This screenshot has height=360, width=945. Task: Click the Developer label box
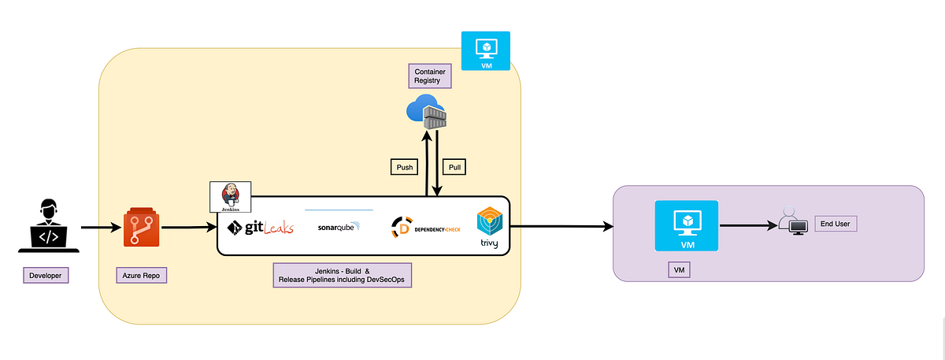pyautogui.click(x=45, y=276)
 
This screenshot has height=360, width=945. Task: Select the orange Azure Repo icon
pyautogui.click(x=142, y=228)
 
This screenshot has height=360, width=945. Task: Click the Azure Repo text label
pyautogui.click(x=142, y=276)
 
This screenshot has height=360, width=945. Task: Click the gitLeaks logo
pyautogui.click(x=260, y=228)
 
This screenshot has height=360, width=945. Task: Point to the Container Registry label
pyautogui.click(x=430, y=76)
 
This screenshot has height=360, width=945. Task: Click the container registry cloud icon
pyautogui.click(x=426, y=116)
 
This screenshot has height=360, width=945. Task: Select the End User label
pyautogui.click(x=833, y=224)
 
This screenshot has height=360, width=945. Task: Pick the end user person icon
pyautogui.click(x=789, y=224)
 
